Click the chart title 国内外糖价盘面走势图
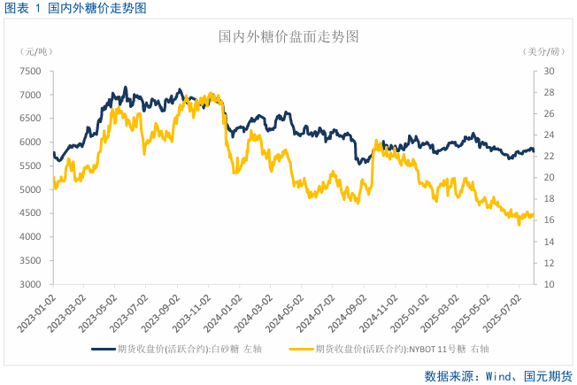coord(288,37)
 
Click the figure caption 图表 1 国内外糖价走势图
coord(74,8)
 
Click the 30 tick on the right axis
coord(549,71)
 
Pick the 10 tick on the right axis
coord(549,285)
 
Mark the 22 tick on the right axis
coord(549,157)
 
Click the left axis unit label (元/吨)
coord(35,52)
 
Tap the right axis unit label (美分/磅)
coord(542,52)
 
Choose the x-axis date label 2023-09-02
coord(163,314)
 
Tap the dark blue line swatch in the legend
coord(104,349)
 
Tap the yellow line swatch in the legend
coord(302,349)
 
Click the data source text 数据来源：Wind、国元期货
coord(497,375)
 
